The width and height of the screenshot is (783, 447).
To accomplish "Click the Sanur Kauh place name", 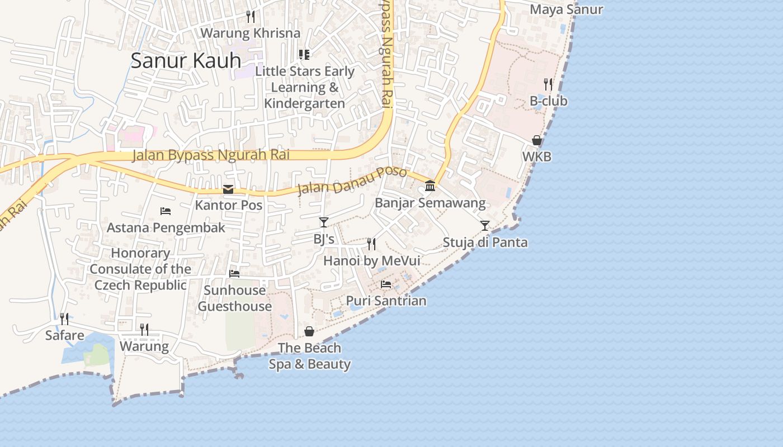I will (x=186, y=60).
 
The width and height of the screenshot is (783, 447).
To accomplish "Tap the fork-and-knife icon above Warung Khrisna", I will (x=251, y=17).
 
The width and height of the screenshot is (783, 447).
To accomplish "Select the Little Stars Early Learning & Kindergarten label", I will (x=305, y=87).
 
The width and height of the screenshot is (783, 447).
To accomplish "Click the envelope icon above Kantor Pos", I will (x=228, y=189).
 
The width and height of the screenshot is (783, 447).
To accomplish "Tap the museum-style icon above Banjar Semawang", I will (x=430, y=186).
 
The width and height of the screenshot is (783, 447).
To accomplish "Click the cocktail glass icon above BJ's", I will (x=324, y=222).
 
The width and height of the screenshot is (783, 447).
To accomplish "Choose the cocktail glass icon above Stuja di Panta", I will (x=485, y=226).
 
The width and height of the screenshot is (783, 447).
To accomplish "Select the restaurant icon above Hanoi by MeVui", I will (x=371, y=244).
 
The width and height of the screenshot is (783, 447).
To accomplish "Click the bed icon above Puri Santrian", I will (x=386, y=284).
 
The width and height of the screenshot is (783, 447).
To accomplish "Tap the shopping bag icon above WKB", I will (x=537, y=140).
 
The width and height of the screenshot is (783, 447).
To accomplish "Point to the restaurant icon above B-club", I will (x=548, y=84).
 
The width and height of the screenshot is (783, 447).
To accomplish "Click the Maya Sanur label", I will (x=566, y=9).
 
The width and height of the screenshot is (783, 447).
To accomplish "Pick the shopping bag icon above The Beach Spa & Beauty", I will (x=309, y=331).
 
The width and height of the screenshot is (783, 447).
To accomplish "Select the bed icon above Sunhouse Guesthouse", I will (x=234, y=274).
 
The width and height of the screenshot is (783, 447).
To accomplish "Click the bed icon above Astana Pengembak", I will (x=166, y=211).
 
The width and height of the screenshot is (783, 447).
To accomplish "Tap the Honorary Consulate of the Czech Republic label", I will (x=140, y=269).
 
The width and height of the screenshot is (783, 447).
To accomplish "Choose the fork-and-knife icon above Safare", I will (x=65, y=319).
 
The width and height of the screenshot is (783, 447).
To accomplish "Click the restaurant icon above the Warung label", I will (x=144, y=330).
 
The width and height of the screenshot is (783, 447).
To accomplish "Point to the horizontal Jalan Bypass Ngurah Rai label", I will (x=211, y=155).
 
